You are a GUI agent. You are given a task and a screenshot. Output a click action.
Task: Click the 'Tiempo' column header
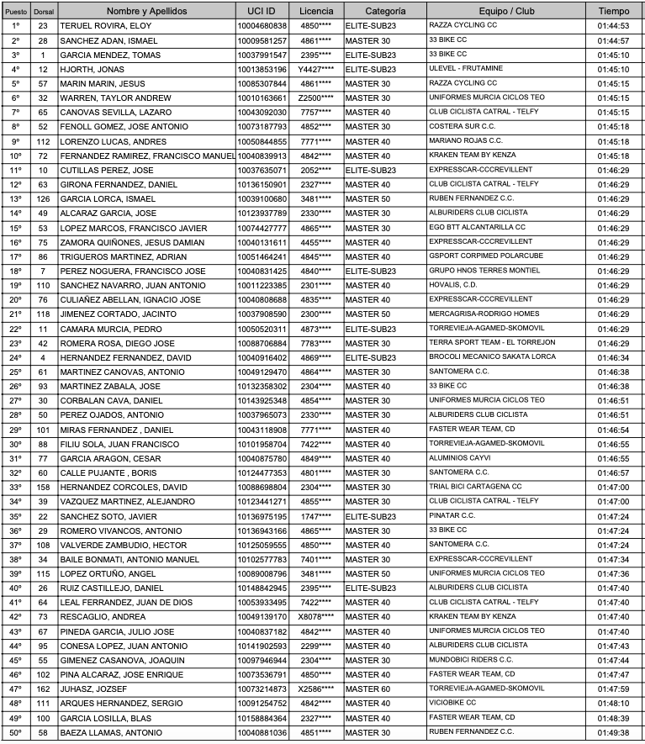pos(613,12)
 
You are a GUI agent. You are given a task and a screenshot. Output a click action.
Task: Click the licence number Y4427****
pos(315,69)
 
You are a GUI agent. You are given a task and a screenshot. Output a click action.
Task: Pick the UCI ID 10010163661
pos(262,98)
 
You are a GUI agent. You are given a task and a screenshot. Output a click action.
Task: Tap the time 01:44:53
pos(613,26)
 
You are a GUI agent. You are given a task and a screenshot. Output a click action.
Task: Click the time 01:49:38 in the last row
pos(613,733)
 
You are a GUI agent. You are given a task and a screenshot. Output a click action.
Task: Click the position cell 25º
pos(16,372)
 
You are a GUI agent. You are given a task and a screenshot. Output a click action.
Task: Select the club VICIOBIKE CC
pos(452,703)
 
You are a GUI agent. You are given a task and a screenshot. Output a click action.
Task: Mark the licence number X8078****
pos(315,616)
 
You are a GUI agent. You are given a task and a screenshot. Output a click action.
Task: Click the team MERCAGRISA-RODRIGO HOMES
pos(484,314)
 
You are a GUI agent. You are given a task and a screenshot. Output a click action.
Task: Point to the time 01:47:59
pos(613,689)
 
